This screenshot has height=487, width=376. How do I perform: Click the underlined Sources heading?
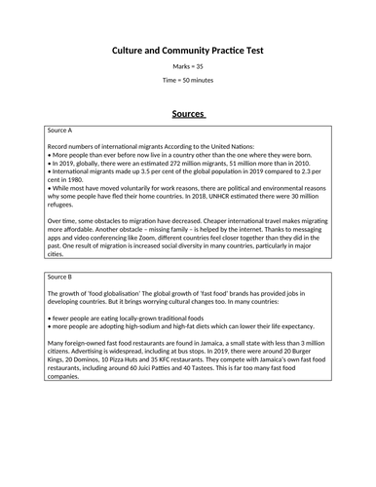pos(187,113)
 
